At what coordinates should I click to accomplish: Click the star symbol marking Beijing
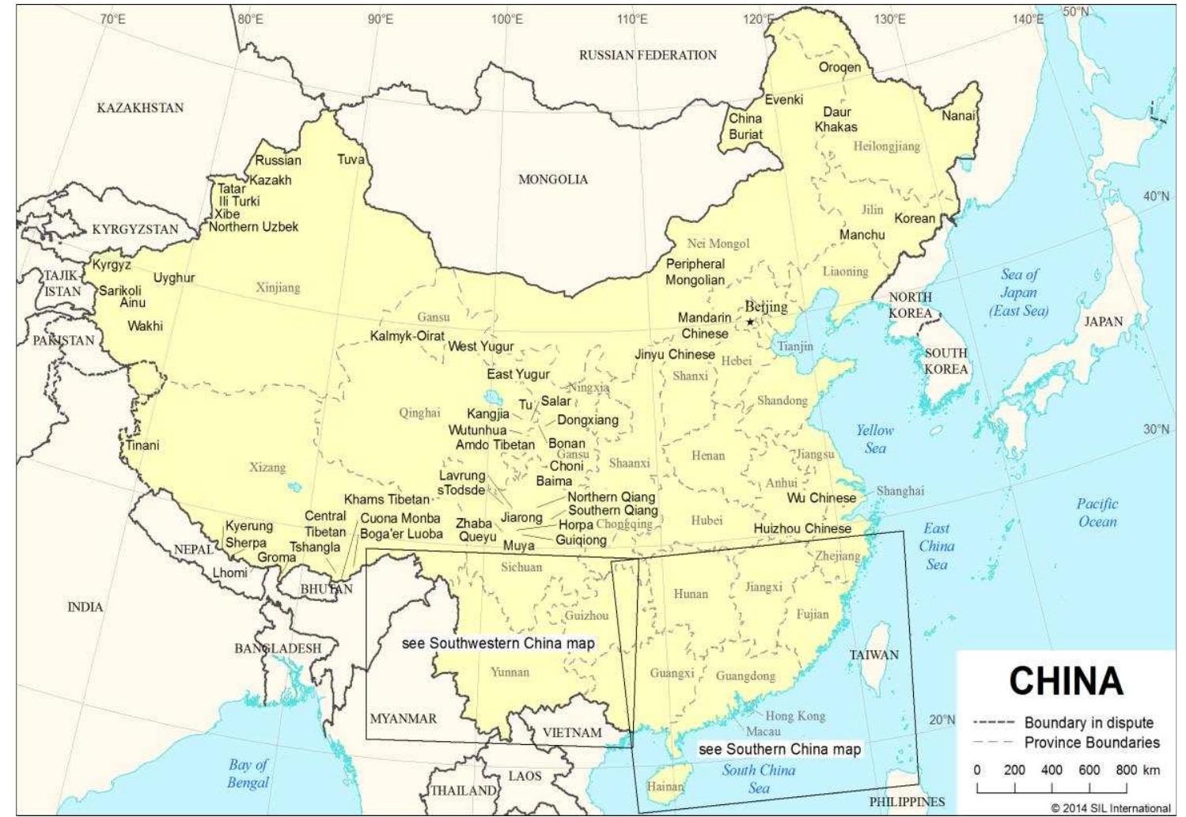(x=750, y=322)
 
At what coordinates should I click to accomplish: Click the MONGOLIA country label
(x=553, y=180)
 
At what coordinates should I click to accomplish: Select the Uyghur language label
(x=174, y=278)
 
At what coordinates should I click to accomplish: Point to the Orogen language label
(x=839, y=67)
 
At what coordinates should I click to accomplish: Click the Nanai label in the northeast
(x=958, y=116)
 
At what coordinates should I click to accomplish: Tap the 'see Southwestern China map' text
(x=498, y=643)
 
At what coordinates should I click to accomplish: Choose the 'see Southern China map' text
(x=780, y=748)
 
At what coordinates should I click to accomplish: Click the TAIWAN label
(x=874, y=655)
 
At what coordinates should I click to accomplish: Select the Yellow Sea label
(x=874, y=439)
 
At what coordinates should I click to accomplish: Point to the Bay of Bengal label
(x=248, y=774)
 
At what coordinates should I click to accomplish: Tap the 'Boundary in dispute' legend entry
(x=1088, y=722)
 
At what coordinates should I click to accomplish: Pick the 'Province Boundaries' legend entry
(x=1091, y=742)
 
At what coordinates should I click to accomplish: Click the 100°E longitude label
(x=507, y=19)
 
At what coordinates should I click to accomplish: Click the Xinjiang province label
(x=278, y=288)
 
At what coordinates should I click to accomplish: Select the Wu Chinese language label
(x=821, y=498)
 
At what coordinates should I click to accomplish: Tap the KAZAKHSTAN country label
(x=140, y=108)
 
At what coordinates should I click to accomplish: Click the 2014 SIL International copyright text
(x=1110, y=808)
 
